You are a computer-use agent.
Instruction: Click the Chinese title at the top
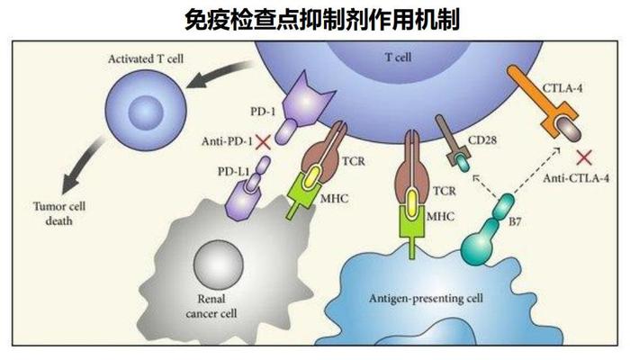(314, 18)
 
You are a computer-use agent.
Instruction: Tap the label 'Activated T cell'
(147, 59)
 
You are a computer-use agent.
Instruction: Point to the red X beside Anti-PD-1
(264, 142)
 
